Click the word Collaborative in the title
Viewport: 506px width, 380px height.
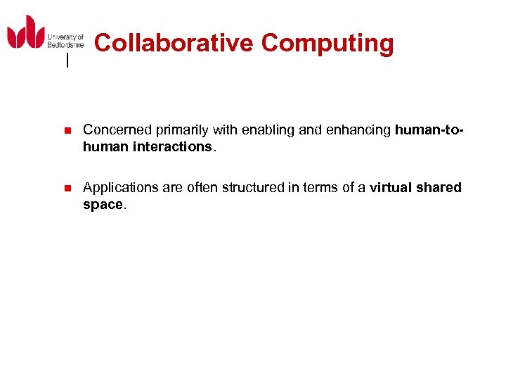(x=174, y=43)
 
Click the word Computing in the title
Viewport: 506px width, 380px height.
(x=327, y=43)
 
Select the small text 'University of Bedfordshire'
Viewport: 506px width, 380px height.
(x=65, y=41)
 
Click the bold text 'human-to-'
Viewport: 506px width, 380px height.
(x=429, y=129)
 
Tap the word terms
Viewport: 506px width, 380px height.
(x=316, y=187)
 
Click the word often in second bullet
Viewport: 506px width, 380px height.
(x=203, y=187)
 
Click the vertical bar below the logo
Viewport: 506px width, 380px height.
(x=67, y=61)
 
